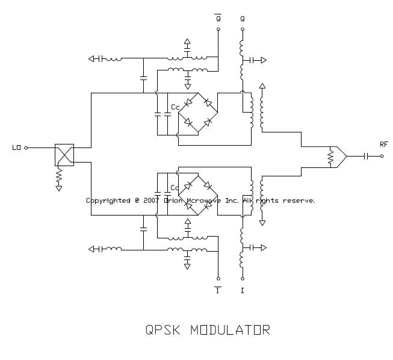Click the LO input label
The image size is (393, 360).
click(16, 147)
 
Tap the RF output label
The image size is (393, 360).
click(384, 144)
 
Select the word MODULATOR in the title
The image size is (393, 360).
click(231, 330)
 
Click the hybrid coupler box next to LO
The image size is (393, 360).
click(64, 155)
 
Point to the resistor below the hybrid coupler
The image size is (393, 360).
click(59, 175)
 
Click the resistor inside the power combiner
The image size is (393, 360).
click(330, 157)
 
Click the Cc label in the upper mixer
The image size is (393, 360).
click(175, 107)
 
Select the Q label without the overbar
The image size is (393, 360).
click(243, 18)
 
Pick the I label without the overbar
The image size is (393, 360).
click(243, 290)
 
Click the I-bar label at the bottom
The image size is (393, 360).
click(218, 290)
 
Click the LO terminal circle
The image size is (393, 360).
click(26, 147)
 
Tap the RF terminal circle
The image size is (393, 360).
click(382, 156)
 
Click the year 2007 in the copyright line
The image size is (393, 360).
click(151, 200)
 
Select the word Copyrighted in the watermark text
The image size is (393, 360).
click(108, 200)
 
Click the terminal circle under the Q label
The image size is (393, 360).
click(243, 28)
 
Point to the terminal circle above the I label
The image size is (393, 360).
click(243, 279)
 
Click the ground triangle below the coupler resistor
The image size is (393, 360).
click(59, 188)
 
